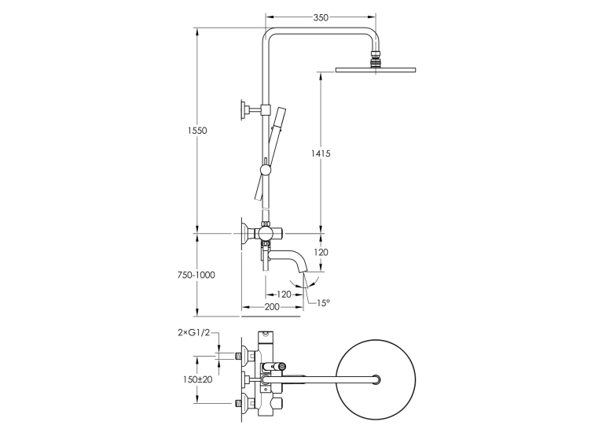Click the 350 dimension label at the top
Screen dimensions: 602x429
point(321,17)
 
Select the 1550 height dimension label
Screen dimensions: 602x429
point(197,131)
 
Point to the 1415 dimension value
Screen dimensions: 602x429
point(321,153)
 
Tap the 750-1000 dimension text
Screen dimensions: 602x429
point(196,276)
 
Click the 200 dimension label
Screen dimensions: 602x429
point(272,307)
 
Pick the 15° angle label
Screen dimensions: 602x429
point(323,303)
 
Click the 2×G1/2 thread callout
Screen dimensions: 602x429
point(194,333)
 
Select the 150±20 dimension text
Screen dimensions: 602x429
point(197,379)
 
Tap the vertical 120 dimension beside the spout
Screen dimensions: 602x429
point(321,253)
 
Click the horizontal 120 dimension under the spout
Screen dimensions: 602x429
point(284,294)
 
